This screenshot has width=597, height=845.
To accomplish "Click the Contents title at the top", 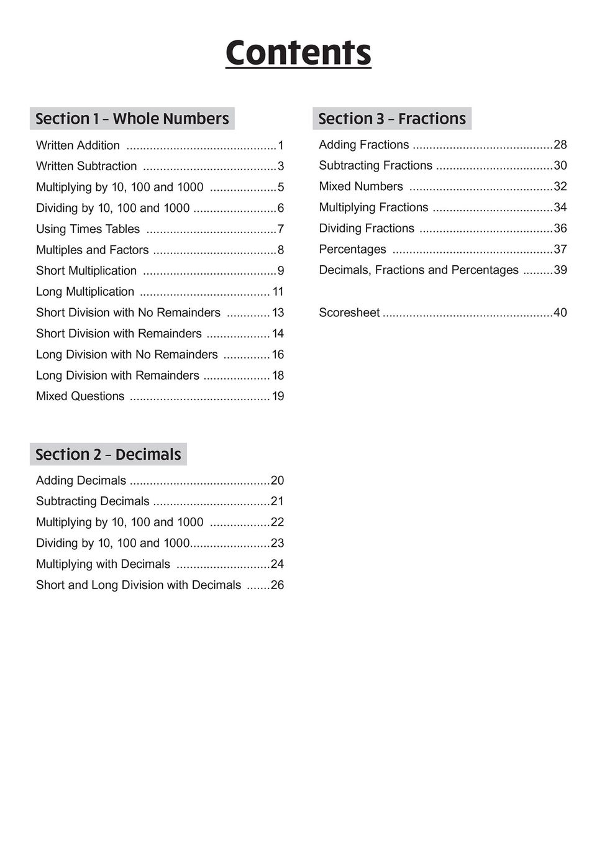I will (x=298, y=53).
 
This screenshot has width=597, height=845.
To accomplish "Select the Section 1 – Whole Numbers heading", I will (x=132, y=119).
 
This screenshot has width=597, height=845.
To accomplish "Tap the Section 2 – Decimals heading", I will (x=108, y=454).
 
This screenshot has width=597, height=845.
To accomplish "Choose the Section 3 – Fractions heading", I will (x=392, y=119).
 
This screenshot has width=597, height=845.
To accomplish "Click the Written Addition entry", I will (x=78, y=145).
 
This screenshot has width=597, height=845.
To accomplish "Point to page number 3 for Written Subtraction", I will (x=281, y=167).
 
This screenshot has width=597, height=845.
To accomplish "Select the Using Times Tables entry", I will (x=88, y=229).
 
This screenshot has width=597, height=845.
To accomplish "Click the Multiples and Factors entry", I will (x=92, y=250).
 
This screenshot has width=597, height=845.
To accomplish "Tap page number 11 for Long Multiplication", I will (x=278, y=292).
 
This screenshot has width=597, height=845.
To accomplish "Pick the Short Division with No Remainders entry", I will (x=128, y=313).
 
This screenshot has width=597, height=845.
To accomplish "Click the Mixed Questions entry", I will (x=80, y=396).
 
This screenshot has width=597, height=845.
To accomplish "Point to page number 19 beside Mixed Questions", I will (x=278, y=396).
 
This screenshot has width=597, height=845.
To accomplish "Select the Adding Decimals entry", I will (x=81, y=480).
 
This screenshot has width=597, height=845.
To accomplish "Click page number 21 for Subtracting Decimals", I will (x=277, y=501).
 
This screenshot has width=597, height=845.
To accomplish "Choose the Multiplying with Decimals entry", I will (x=103, y=564).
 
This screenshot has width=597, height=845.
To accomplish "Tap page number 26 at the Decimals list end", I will (x=277, y=585).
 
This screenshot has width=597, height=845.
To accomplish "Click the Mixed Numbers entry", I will (x=360, y=186).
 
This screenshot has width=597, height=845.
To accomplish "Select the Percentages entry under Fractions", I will (x=352, y=249).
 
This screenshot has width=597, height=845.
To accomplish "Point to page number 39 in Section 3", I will (x=560, y=270).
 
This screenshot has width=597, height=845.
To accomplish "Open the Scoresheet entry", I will (x=349, y=313).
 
